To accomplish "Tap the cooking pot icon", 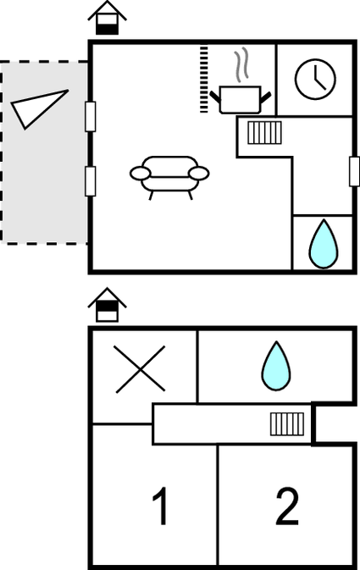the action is pos(241,100).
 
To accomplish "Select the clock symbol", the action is pos(315,79).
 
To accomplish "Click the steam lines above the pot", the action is pos(241,64).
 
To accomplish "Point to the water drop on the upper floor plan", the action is pos(324,244).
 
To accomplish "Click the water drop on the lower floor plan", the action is pos(276,366).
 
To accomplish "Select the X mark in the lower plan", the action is pos(140,369).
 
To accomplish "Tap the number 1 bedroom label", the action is pos(161,506).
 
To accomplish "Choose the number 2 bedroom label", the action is pos(287,506).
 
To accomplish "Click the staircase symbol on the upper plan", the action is pos(265,133).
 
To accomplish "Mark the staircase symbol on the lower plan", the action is pos(287,423).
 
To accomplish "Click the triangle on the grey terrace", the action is pos(38,108).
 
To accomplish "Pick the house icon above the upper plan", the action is pos(108,18).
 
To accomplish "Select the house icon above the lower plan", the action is pos(108,305).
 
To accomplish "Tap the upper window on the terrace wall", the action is pos(91,116).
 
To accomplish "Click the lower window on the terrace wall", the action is pos(91,181).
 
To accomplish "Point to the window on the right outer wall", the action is pos(355,172).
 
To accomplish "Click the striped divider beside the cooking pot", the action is pos(204,79).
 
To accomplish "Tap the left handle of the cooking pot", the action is pos(215,97).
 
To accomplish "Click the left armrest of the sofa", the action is pos(140,174).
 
